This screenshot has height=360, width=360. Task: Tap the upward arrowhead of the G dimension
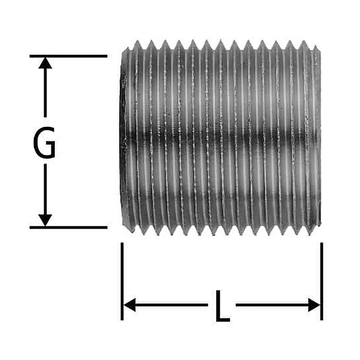coord(45,63)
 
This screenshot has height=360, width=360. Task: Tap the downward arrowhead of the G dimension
coord(45,220)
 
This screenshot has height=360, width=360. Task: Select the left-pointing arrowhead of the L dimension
coord(130,305)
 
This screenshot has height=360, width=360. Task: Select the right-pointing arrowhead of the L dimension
coord(314,305)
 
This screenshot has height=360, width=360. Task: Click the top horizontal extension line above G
coord(68,56)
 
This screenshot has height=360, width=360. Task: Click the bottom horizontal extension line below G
coord(68,228)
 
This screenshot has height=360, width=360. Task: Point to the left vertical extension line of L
coord(122,281)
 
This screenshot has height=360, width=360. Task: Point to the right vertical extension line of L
coord(321,281)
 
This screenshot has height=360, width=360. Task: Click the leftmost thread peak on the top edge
coord(137,43)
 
